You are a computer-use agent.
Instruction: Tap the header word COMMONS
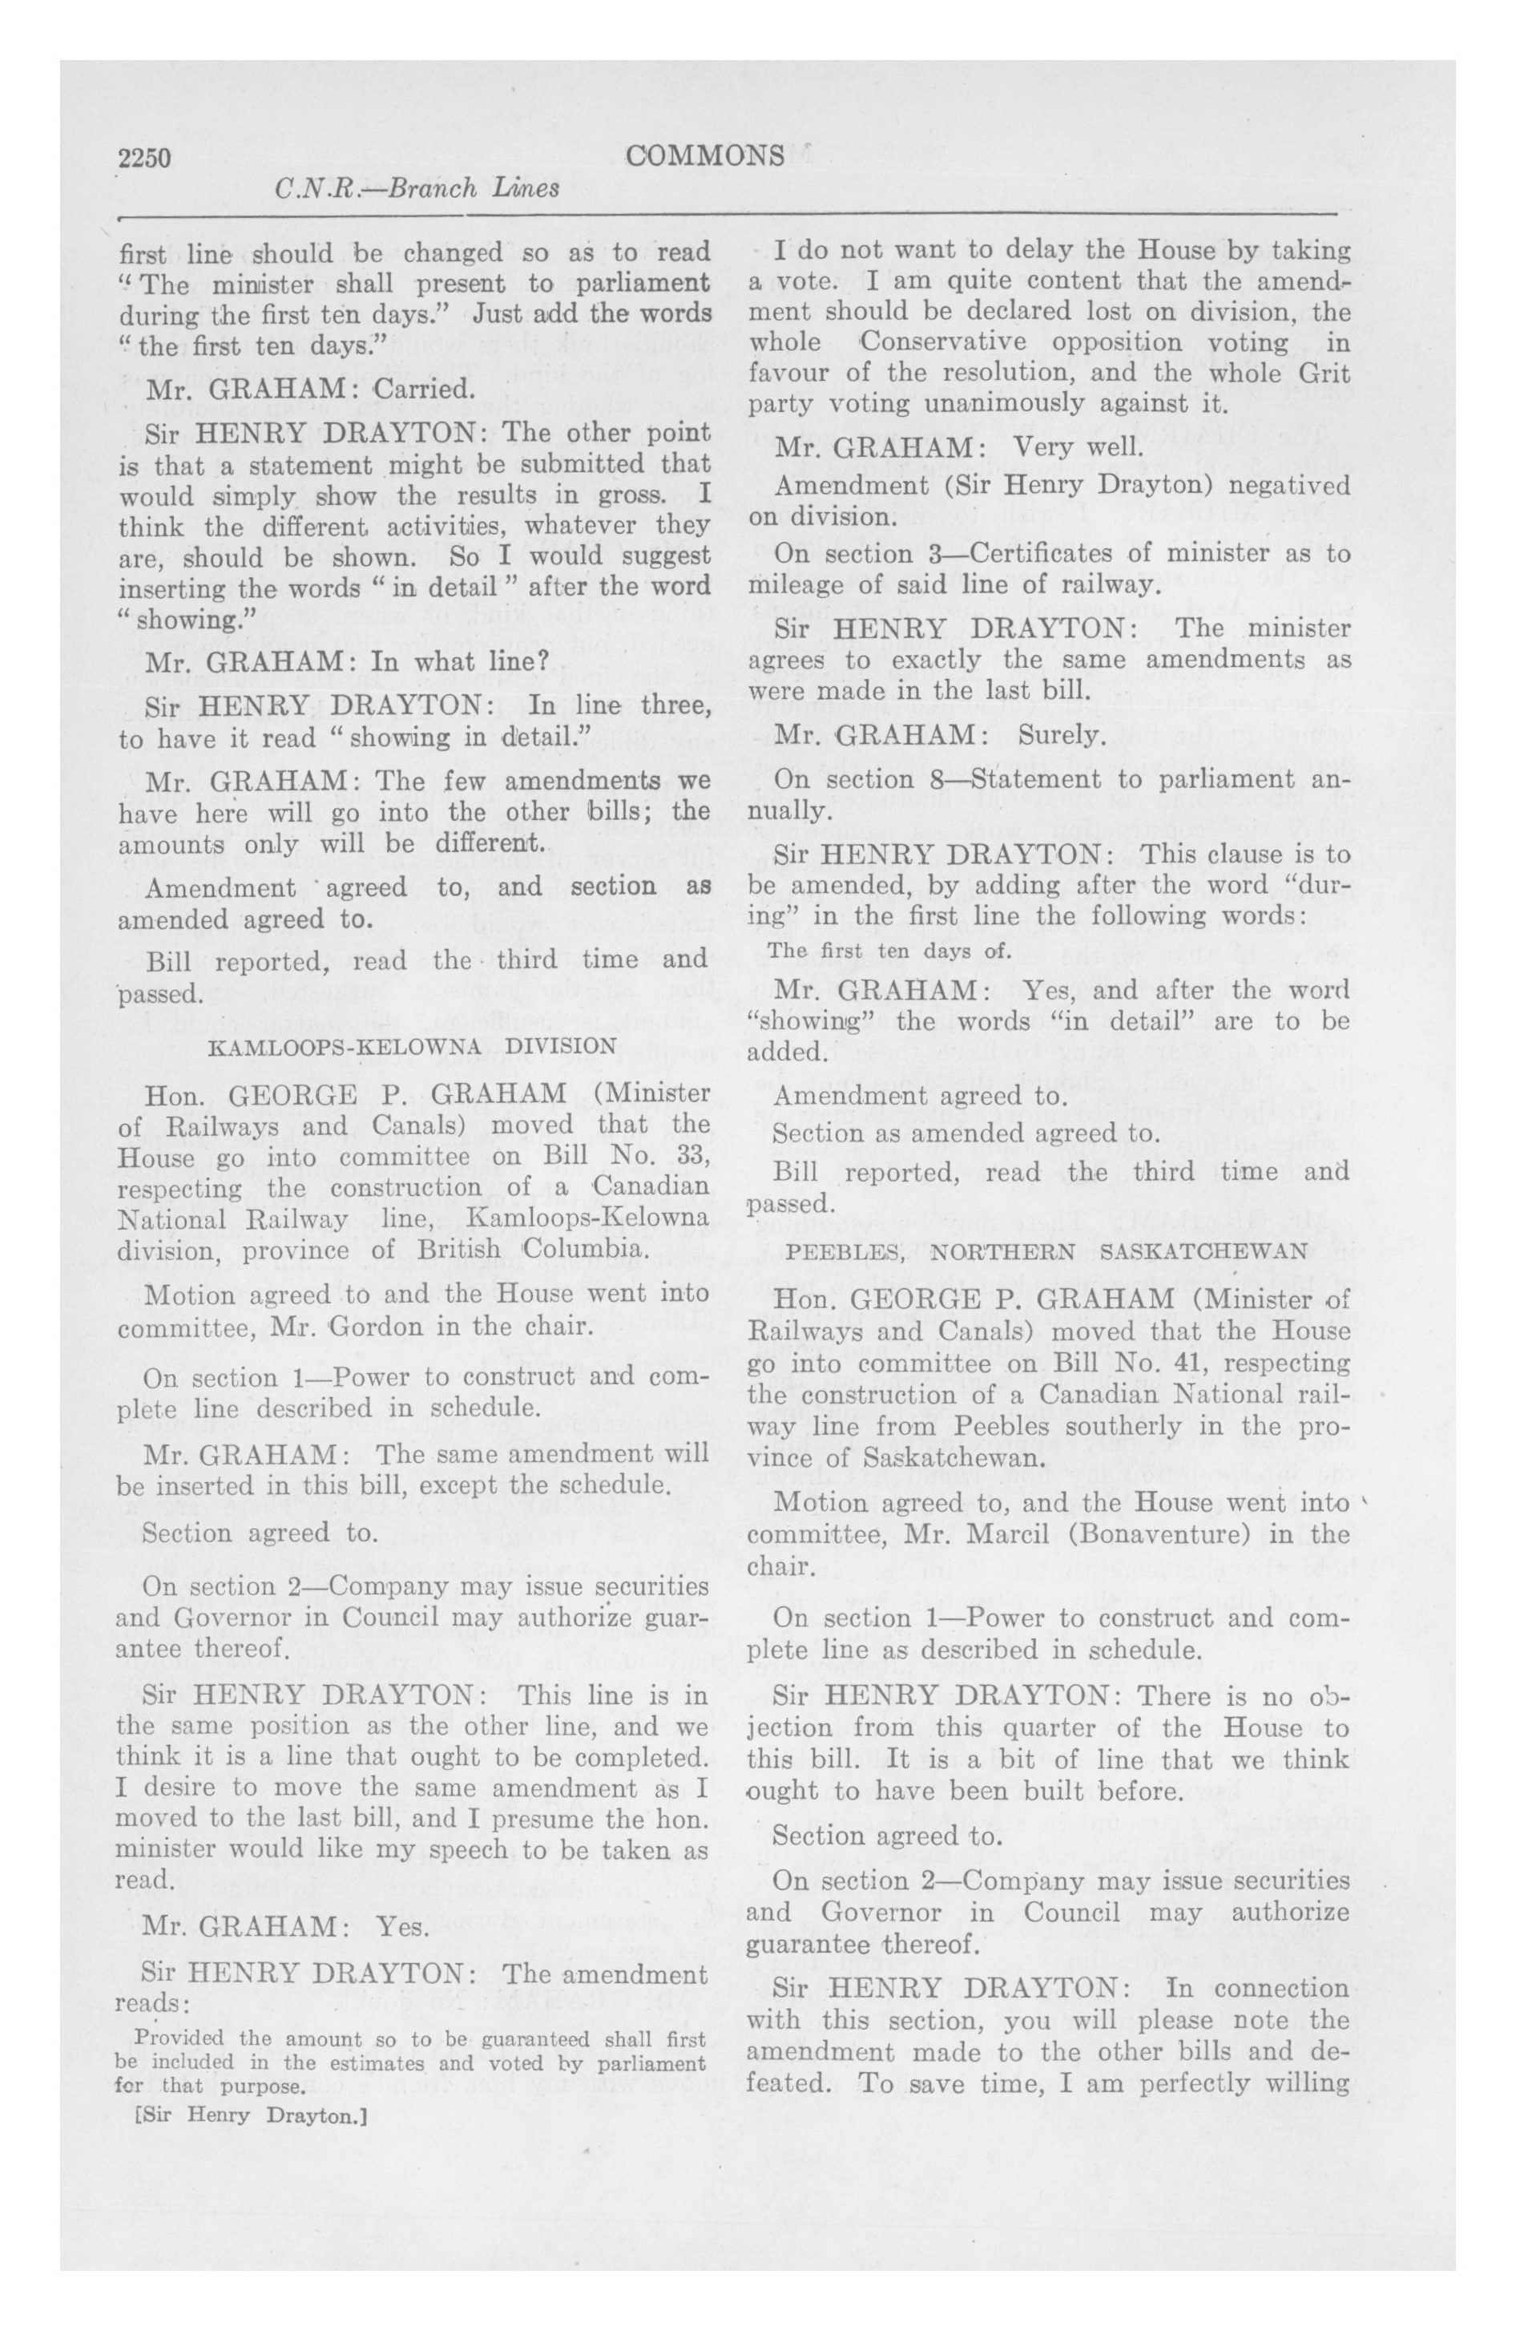[704, 156]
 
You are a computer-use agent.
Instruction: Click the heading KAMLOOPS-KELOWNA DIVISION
[413, 1046]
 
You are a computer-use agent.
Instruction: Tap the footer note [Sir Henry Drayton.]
[248, 2115]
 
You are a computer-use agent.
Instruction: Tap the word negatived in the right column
[1271, 485]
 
